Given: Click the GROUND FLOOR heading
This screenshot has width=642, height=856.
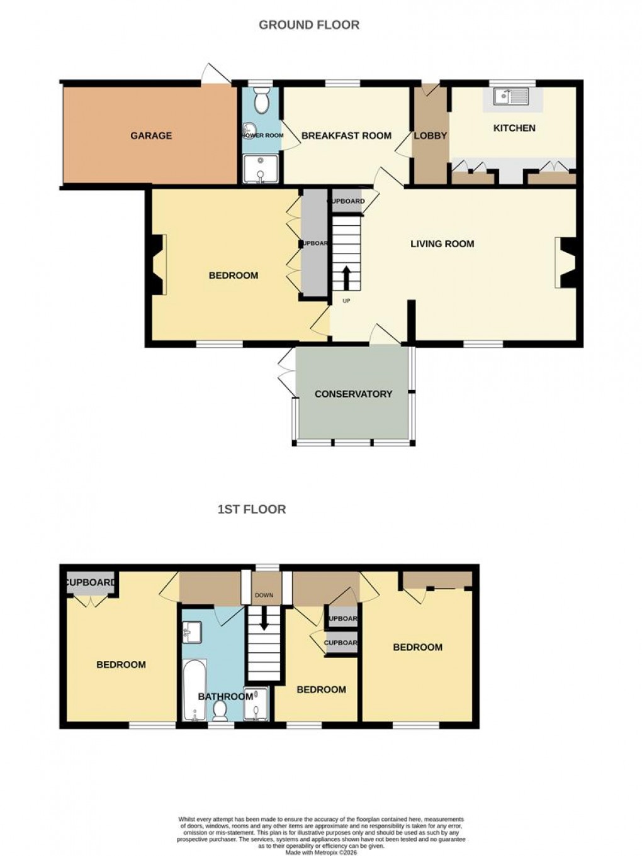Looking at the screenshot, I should click(309, 25).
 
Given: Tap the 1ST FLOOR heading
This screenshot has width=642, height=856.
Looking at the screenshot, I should click(252, 509).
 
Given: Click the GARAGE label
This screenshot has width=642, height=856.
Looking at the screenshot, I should click(151, 136).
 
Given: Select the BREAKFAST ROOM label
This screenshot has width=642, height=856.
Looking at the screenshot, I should click(346, 136).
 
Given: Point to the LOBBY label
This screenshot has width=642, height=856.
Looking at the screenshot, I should click(431, 136).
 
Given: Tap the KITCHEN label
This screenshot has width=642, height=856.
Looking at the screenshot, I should click(514, 128).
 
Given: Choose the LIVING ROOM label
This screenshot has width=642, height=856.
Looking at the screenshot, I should click(442, 244).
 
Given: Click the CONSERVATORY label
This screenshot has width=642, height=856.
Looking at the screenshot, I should click(353, 394).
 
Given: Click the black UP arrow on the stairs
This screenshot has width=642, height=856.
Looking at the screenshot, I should click(346, 277).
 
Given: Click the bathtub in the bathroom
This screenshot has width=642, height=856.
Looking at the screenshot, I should click(193, 690).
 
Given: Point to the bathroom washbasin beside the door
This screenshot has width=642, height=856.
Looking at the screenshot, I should click(192, 631).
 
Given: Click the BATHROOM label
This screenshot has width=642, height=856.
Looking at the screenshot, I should click(225, 697).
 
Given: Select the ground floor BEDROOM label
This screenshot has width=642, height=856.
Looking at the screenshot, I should click(234, 275).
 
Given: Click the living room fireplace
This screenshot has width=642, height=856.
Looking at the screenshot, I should click(566, 262).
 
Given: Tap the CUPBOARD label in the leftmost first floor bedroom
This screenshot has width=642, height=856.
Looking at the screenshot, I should click(91, 583).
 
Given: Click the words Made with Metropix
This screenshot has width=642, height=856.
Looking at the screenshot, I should click(320, 852).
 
